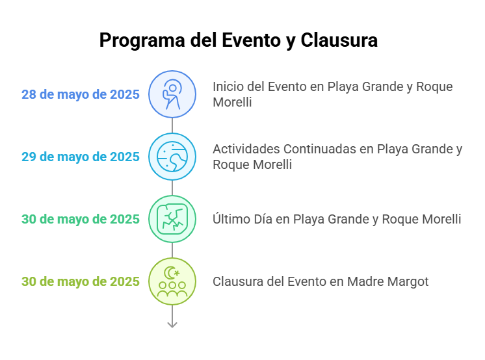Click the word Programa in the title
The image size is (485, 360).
point(142,41)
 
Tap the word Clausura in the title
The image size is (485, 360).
point(339,40)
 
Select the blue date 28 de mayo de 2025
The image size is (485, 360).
point(81,95)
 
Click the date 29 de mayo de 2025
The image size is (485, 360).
point(81,157)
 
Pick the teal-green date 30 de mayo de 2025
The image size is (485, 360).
point(81,219)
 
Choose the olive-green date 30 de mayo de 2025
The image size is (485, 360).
point(81,282)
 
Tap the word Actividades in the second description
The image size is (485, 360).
point(246,149)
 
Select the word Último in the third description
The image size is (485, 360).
point(231,218)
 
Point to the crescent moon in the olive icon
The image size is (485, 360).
point(169,273)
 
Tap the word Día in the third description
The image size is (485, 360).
point(263,218)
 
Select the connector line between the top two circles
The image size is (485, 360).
point(172,125)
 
